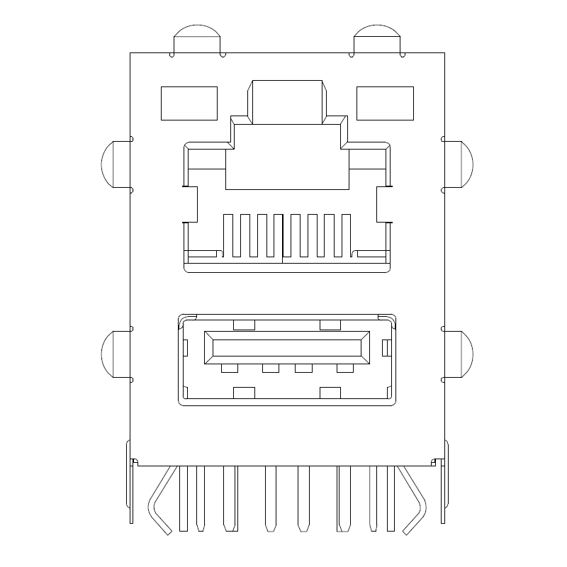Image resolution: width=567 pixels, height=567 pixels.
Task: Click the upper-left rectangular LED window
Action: [x=189, y=103]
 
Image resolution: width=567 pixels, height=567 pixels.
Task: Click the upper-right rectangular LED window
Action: [x=385, y=103]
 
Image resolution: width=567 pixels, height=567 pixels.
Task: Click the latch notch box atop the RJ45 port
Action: [x=286, y=101]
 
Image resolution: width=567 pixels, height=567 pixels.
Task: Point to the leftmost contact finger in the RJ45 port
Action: [x=229, y=235]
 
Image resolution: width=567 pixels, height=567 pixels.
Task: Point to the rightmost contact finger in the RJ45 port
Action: [x=347, y=235]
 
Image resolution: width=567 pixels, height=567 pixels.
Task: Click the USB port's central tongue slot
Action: [x=287, y=347]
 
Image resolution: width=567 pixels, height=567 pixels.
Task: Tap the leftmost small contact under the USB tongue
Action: [x=229, y=369]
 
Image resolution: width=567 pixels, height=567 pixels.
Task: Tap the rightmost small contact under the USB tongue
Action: [x=345, y=369]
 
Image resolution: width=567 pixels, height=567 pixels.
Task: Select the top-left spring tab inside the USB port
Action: [x=243, y=325]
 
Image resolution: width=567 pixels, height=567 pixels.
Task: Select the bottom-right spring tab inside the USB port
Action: [x=330, y=392]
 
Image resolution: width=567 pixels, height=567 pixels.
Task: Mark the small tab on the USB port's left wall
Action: [x=186, y=347]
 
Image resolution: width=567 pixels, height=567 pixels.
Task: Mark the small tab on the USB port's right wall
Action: [x=386, y=347]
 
